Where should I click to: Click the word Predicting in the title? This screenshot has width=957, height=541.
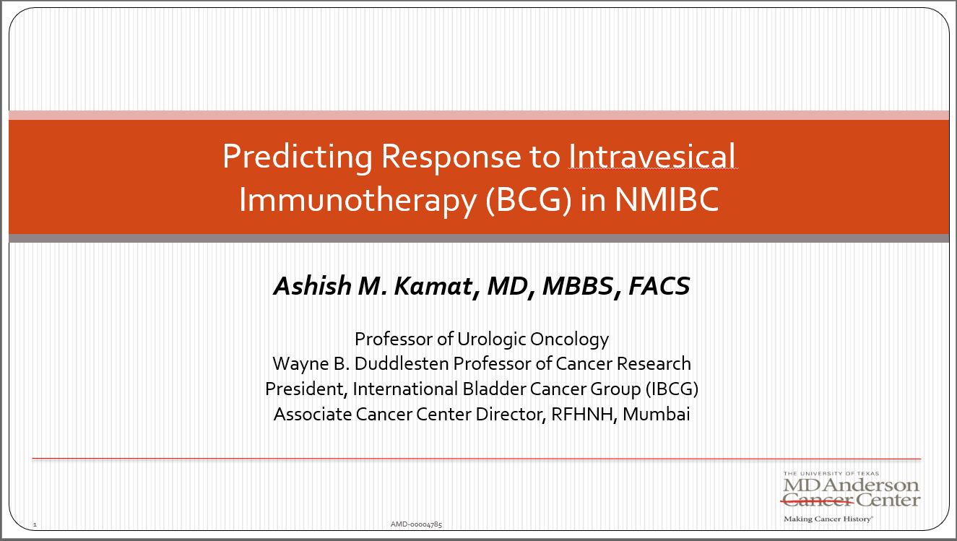[298, 157]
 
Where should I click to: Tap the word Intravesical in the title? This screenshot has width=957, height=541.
[652, 156]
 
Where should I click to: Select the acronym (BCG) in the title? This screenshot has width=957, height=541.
[529, 199]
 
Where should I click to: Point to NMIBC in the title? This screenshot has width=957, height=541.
[667, 199]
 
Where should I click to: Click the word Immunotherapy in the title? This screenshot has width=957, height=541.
[358, 200]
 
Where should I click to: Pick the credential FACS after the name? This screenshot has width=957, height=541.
[659, 286]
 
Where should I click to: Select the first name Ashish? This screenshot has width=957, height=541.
[313, 285]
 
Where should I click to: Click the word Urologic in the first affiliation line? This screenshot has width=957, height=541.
[491, 339]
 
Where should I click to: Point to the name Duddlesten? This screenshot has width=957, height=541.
[401, 363]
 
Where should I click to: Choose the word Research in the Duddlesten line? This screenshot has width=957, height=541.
[654, 363]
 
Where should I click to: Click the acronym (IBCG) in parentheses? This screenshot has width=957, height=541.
[672, 389]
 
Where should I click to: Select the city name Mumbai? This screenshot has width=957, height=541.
[657, 414]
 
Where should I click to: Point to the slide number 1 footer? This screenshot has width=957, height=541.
[35, 524]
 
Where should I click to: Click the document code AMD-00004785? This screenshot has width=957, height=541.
[416, 524]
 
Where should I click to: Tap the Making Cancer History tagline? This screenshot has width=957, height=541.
[828, 519]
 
